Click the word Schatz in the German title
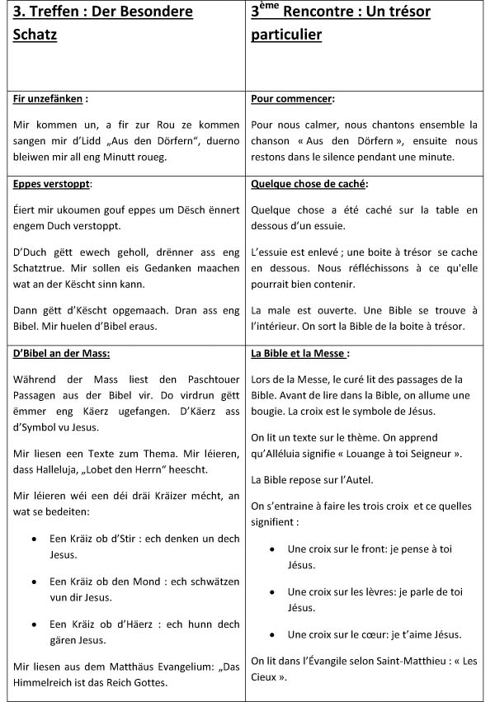[35, 35]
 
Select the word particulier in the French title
[286, 35]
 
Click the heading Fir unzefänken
[49, 99]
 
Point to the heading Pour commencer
[292, 99]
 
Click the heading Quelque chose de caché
[309, 183]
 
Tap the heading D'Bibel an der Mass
[62, 354]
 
